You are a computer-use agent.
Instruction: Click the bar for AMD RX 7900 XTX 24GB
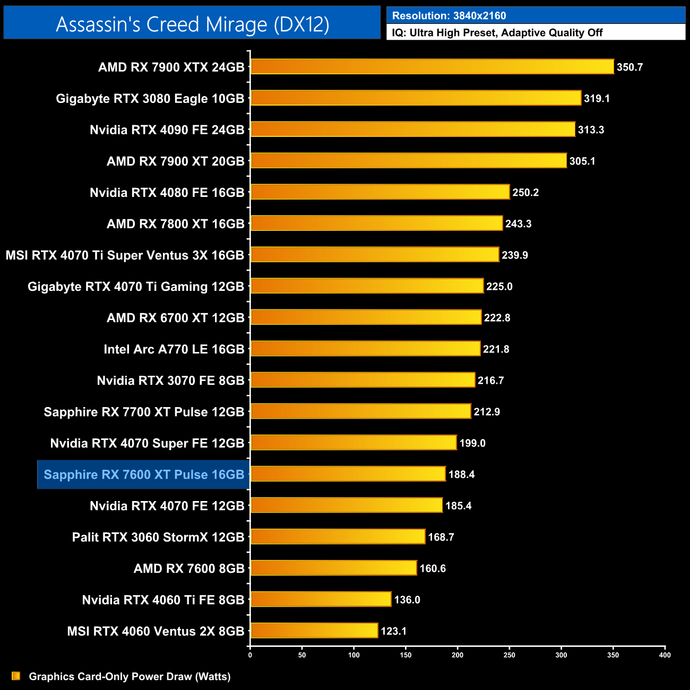[432, 67]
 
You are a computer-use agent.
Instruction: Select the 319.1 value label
[597, 98]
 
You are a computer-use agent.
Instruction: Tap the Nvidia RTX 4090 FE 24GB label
[167, 130]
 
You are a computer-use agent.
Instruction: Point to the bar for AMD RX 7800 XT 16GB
[376, 223]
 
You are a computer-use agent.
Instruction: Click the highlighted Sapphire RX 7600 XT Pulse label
[144, 475]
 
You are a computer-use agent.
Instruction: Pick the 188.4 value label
[461, 475]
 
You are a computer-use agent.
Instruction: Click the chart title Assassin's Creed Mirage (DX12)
[192, 24]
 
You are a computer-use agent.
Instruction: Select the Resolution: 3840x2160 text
[449, 16]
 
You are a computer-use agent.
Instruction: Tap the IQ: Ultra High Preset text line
[497, 33]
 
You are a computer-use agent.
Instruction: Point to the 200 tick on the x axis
[458, 655]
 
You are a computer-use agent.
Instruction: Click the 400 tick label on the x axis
[665, 655]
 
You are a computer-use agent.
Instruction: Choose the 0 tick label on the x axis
[250, 655]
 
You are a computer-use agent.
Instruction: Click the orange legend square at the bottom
[16, 676]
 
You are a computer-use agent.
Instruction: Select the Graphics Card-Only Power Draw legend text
[130, 676]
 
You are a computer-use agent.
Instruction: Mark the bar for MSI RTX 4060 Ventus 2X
[314, 631]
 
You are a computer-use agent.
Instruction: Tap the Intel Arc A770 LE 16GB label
[174, 349]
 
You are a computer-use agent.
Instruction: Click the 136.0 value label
[407, 600]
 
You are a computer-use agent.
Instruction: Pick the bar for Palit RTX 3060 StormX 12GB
[338, 537]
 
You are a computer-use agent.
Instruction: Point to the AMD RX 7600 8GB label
[189, 568]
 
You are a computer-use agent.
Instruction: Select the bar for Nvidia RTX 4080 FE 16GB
[380, 192]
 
